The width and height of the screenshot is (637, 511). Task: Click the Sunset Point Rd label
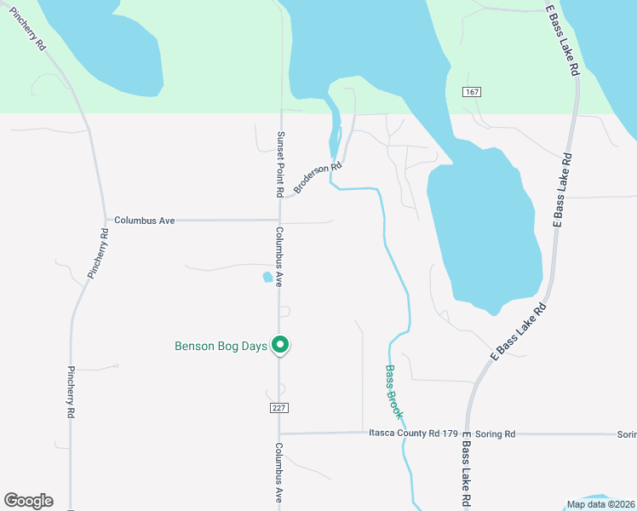(279, 164)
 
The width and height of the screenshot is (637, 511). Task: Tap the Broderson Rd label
(317, 177)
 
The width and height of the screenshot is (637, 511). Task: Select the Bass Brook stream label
(393, 392)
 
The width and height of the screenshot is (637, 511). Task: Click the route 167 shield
(472, 91)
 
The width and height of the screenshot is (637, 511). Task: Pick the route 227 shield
(279, 408)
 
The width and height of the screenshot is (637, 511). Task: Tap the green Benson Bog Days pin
(280, 344)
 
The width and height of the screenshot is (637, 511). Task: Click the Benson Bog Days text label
(221, 346)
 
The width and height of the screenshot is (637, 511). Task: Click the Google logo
(28, 501)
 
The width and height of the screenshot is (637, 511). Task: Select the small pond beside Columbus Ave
(268, 277)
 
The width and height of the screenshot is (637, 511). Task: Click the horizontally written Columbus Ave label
(144, 220)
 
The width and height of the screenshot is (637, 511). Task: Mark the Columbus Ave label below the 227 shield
(279, 473)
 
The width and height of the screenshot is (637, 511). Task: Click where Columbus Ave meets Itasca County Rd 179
(279, 433)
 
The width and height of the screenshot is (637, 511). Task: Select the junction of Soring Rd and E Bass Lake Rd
(465, 433)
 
